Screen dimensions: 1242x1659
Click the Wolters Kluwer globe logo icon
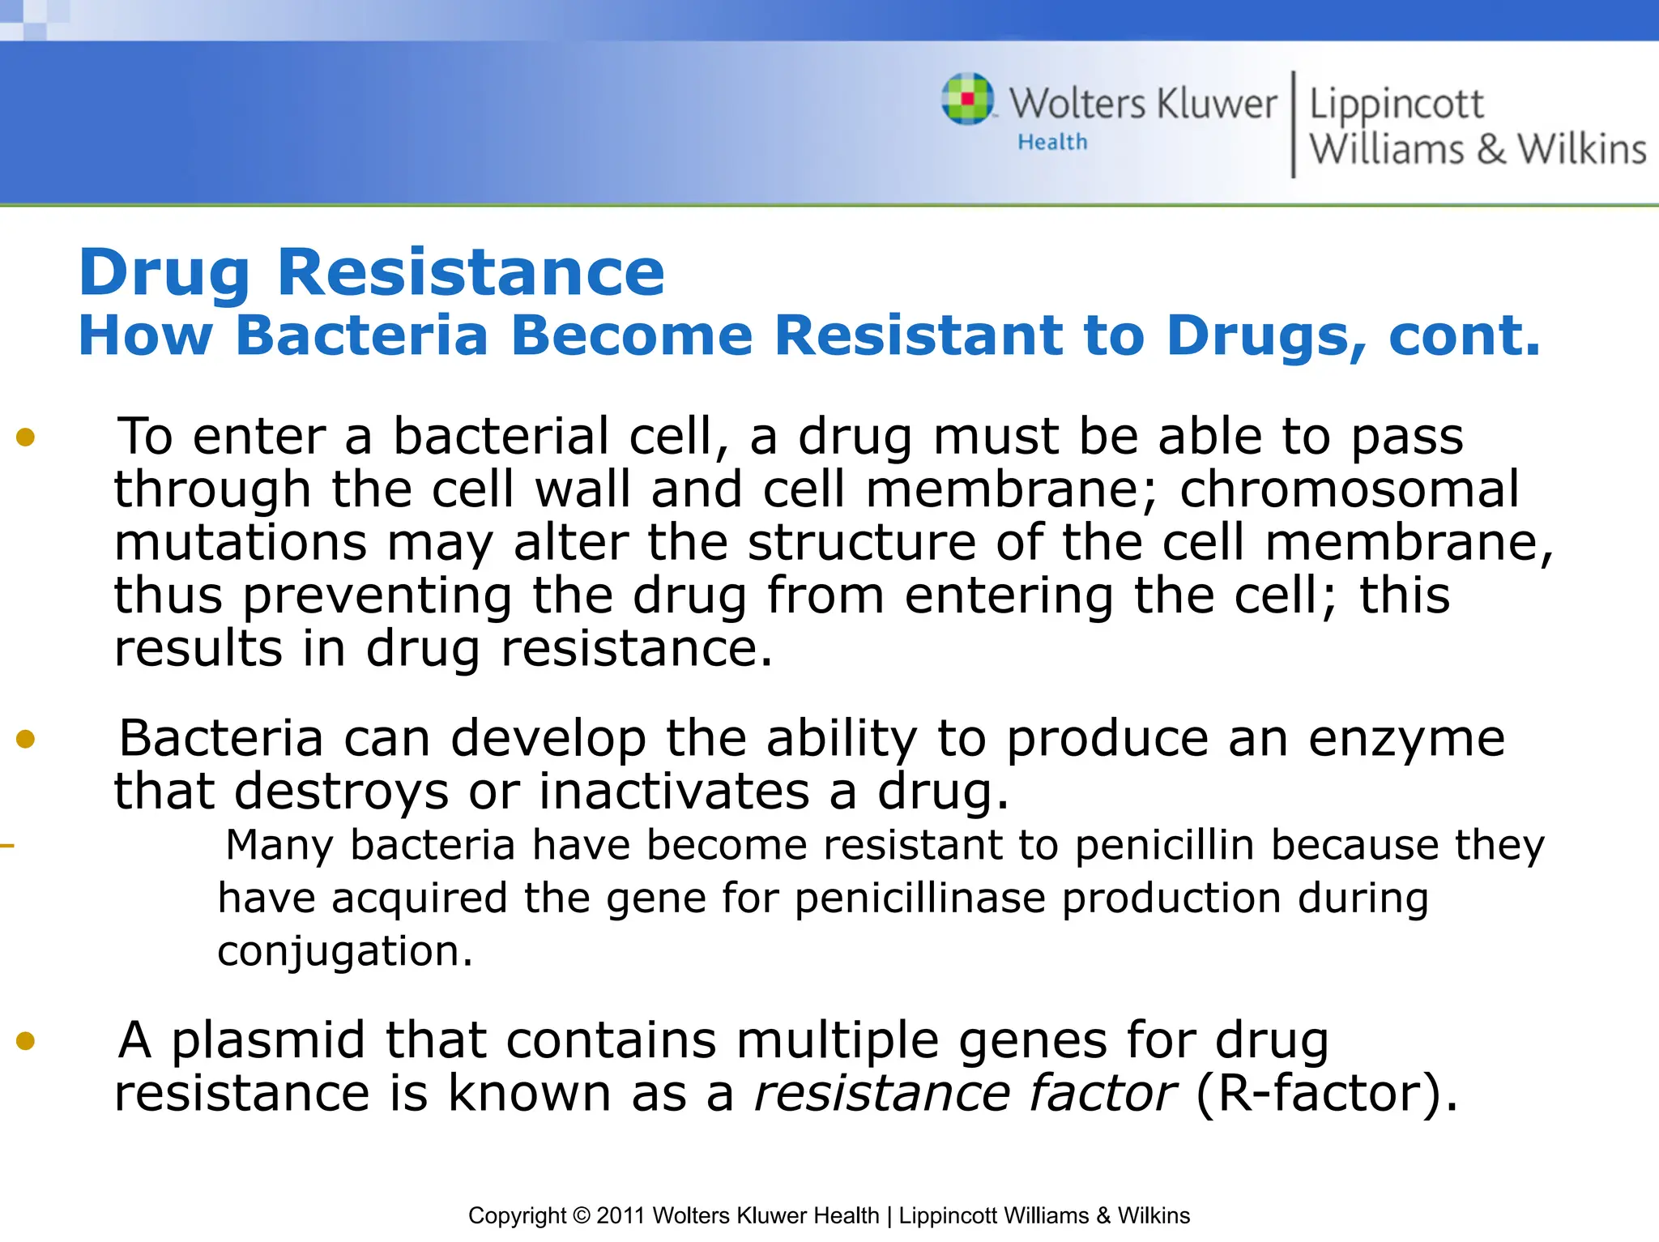pyautogui.click(x=967, y=99)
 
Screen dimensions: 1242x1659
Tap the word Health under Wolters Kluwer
pyautogui.click(x=1052, y=143)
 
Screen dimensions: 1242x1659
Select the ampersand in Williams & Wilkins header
pyautogui.click(x=1491, y=150)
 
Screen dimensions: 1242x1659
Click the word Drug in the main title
pyautogui.click(x=164, y=273)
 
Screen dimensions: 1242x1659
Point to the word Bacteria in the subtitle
pyautogui.click(x=361, y=335)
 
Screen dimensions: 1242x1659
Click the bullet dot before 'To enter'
pyautogui.click(x=26, y=437)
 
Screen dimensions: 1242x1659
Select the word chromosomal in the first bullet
pyautogui.click(x=1349, y=490)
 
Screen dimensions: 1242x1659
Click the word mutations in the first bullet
pyautogui.click(x=241, y=543)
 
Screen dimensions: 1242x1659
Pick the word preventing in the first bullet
pyautogui.click(x=377, y=596)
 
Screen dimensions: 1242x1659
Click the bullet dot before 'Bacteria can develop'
pyautogui.click(x=26, y=739)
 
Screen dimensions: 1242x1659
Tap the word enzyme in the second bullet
pyautogui.click(x=1406, y=739)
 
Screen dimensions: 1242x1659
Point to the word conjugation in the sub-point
pyautogui.click(x=344, y=952)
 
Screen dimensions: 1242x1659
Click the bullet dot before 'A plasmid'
pyautogui.click(x=26, y=1040)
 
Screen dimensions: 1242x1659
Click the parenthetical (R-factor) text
pyautogui.click(x=1326, y=1094)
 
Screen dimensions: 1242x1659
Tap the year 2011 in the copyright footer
pyautogui.click(x=621, y=1215)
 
